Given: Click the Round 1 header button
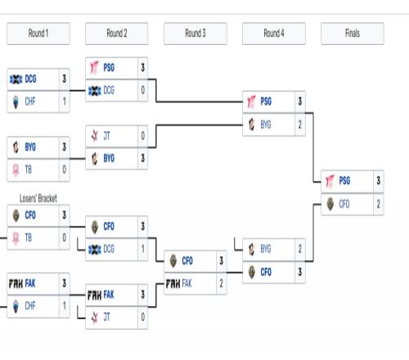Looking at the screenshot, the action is coord(38,34).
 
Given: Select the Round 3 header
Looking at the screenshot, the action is coord(196,34).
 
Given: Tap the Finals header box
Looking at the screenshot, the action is coord(353,34).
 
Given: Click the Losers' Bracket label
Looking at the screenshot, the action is coord(38,199).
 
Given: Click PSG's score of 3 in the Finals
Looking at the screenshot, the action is coord(379,181).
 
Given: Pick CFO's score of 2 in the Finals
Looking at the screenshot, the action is coord(379,204).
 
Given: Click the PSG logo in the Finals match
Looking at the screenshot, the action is coord(330,182).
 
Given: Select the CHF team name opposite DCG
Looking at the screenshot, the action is coord(30,101).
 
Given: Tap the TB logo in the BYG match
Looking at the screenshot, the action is coord(16,170).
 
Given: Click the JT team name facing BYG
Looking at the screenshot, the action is coord(106,136).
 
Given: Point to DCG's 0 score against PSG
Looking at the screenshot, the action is coord(143,91).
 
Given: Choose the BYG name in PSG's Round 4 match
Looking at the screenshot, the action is coord(266,124).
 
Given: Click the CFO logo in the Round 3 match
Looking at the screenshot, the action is coord(173,261).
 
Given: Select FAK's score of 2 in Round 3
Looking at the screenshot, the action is coord(222,284).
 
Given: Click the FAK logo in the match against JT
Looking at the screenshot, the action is coord(94,295).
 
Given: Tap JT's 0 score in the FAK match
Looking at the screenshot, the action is coord(143,317).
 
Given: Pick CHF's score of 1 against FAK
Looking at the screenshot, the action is coord(65,306).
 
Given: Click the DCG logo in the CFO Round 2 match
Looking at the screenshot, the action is coord(95,250).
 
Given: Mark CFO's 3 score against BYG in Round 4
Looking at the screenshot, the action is coord(300,272).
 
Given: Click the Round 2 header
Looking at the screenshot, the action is coord(117,34).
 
